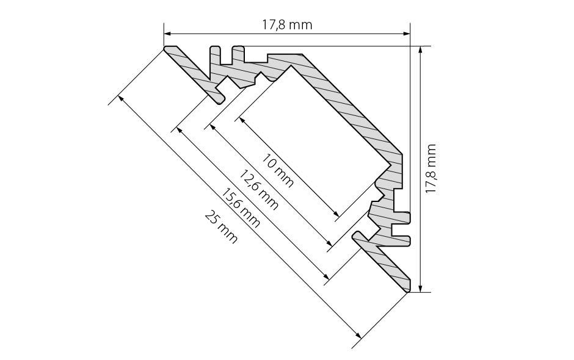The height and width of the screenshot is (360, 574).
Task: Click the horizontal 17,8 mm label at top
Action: pos(287,25)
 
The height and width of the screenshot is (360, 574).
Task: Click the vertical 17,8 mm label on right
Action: pos(431,168)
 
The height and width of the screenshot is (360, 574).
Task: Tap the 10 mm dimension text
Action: pos(277,171)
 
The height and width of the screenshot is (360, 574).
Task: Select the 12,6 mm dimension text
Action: pos(258,190)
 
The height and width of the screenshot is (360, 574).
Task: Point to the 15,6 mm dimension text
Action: pos(241,208)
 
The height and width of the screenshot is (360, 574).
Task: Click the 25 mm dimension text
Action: pos(221,227)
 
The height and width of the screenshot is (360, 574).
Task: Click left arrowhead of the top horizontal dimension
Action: pos(167,34)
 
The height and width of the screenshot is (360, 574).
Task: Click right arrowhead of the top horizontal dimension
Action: pos(406,34)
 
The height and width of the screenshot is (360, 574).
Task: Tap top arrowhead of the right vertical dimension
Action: pos(420,50)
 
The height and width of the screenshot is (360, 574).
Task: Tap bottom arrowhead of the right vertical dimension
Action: pos(420,288)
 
